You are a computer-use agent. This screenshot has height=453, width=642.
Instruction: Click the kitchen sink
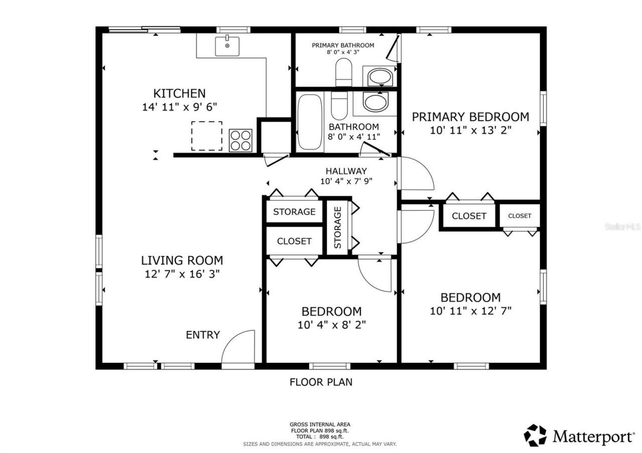pyautogui.click(x=227, y=46)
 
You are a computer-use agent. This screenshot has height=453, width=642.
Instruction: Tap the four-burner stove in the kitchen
pyautogui.click(x=240, y=140)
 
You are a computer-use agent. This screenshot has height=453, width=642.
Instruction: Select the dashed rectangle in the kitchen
pyautogui.click(x=207, y=136)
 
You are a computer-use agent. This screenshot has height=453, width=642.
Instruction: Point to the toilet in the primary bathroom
pyautogui.click(x=344, y=72)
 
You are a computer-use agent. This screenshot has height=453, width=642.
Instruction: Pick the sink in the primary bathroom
pyautogui.click(x=380, y=77)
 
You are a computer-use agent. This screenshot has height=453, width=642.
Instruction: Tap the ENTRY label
pyautogui.click(x=203, y=335)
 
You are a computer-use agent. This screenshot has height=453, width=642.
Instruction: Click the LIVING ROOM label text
pyautogui.click(x=182, y=261)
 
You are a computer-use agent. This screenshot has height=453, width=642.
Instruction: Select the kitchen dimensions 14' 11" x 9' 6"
pyautogui.click(x=179, y=107)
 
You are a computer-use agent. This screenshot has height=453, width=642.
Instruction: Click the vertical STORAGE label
pyautogui.click(x=338, y=228)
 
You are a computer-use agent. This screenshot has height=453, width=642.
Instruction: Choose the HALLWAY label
pyautogui.click(x=346, y=171)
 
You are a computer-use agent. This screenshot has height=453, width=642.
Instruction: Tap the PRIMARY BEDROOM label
pyautogui.click(x=470, y=117)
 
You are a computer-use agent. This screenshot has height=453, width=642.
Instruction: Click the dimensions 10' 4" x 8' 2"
pyautogui.click(x=332, y=324)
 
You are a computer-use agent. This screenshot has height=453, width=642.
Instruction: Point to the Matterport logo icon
pyautogui.click(x=535, y=435)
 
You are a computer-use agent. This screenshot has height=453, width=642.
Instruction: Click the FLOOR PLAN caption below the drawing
pyautogui.click(x=321, y=382)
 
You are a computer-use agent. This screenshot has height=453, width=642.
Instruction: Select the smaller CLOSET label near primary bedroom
pyautogui.click(x=519, y=216)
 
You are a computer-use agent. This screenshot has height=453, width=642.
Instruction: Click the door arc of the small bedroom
pyautogui.click(x=374, y=275)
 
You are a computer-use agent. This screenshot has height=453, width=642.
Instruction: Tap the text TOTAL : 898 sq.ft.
pyautogui.click(x=319, y=436)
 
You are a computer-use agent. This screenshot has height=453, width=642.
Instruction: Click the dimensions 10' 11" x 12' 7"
pyautogui.click(x=470, y=311)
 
